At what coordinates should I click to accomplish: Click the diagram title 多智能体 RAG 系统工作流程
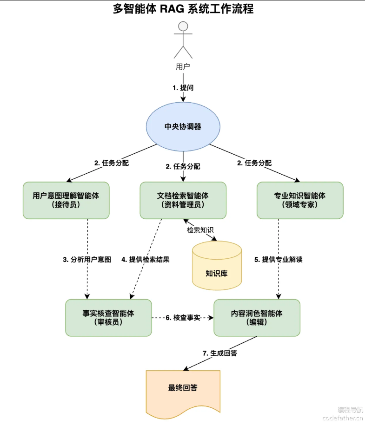[x=183, y=9]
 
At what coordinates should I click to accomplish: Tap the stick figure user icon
[x=183, y=39]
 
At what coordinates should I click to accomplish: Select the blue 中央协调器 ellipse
[x=183, y=126]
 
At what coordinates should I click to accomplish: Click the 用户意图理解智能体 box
[x=66, y=200]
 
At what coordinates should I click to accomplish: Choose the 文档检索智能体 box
[x=183, y=200]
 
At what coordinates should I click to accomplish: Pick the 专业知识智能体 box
[x=300, y=200]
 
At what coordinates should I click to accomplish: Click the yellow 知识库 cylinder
[x=217, y=266]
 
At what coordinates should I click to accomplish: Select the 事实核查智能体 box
[x=108, y=318]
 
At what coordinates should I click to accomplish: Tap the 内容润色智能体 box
[x=257, y=318]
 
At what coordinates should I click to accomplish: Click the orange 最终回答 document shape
[x=183, y=388]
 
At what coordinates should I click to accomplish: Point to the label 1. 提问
[x=183, y=87]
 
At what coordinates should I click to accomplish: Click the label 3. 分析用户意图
[x=87, y=260]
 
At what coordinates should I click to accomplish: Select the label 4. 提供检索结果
[x=146, y=260]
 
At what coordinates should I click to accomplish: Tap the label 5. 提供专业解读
[x=279, y=260]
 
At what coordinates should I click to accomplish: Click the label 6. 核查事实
[x=183, y=318]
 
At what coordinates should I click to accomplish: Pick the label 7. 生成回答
[x=219, y=353]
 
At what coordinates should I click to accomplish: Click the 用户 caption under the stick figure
[x=183, y=66]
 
